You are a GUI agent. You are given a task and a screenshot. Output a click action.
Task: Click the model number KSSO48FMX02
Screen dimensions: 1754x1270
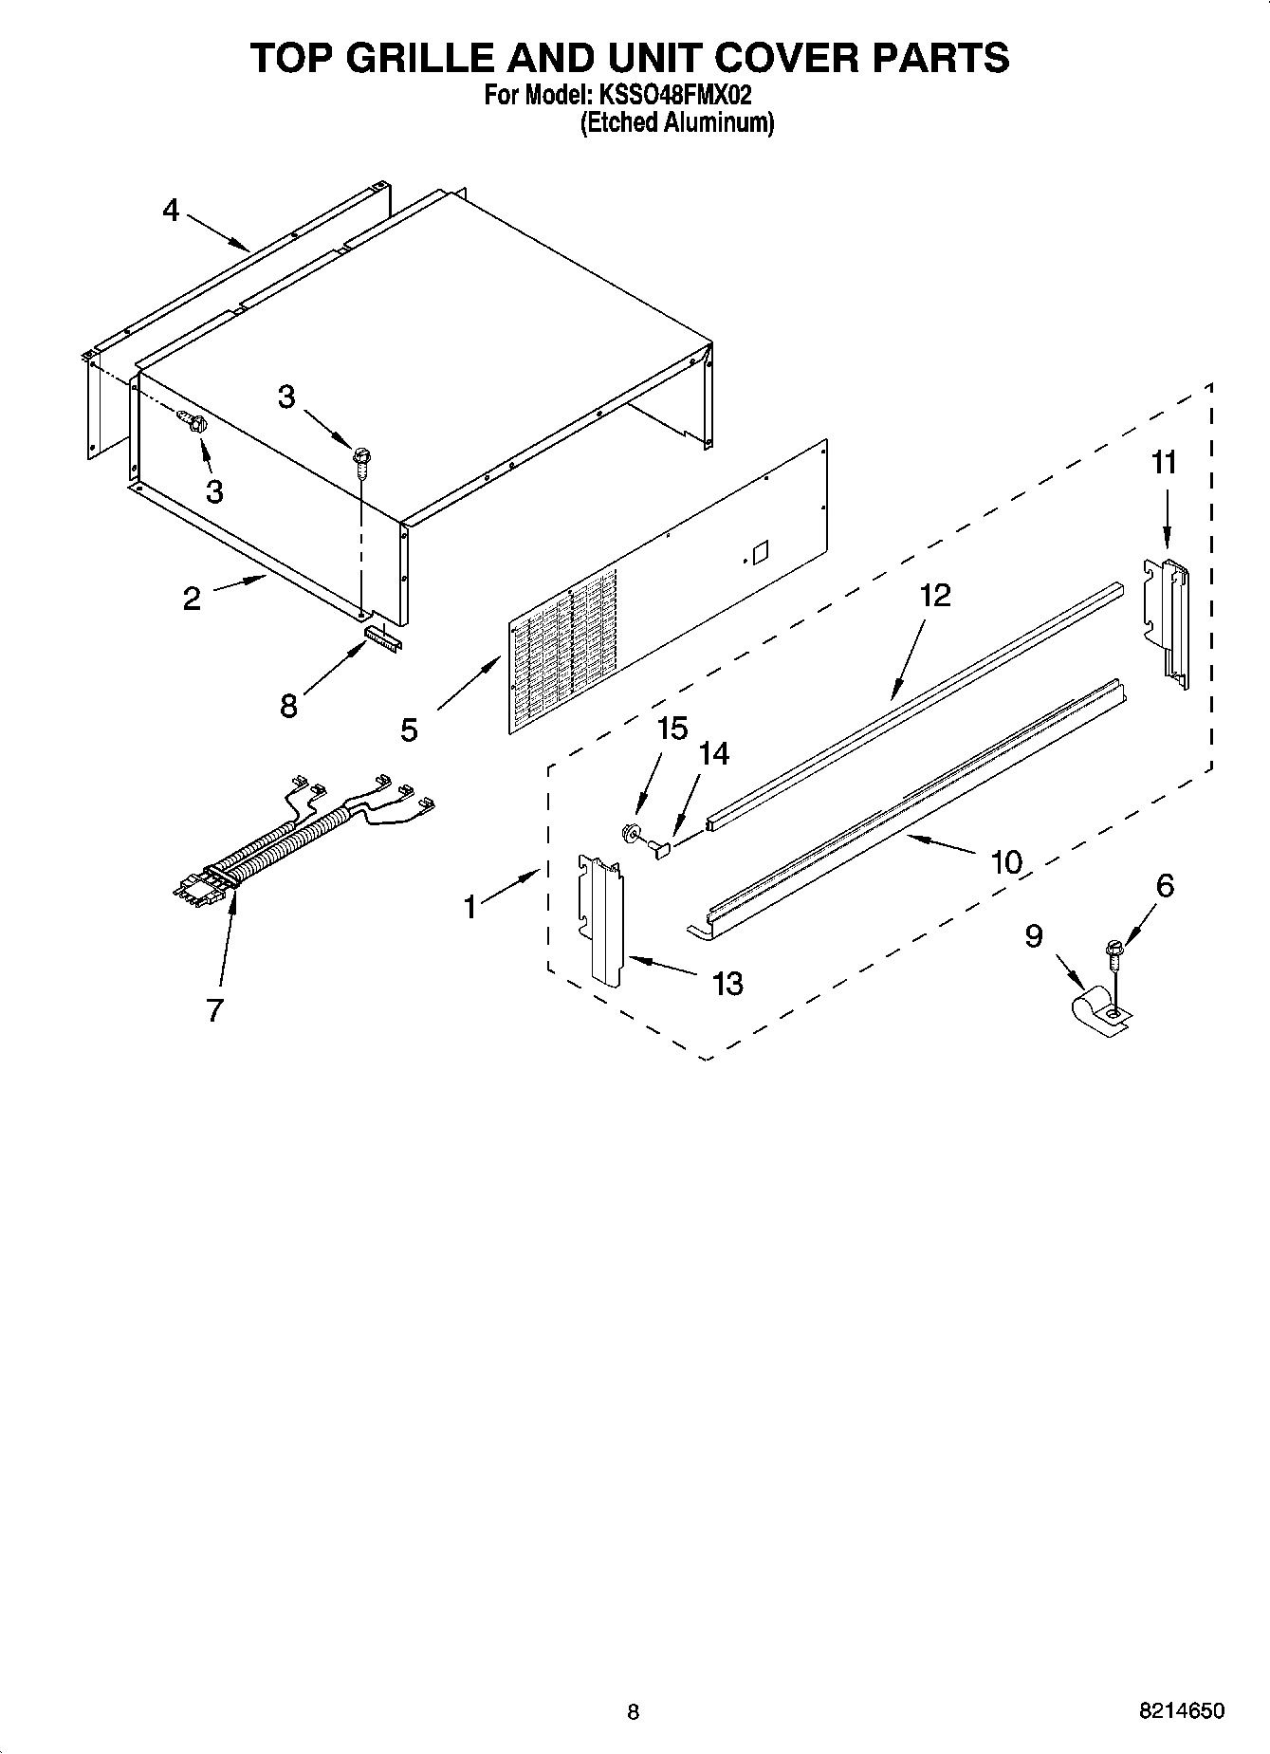674,96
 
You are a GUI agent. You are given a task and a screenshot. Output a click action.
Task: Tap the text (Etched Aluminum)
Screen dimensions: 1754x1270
676,122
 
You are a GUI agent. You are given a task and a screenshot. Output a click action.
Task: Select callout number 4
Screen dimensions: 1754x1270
171,211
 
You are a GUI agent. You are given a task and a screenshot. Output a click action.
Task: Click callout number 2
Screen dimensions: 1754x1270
192,599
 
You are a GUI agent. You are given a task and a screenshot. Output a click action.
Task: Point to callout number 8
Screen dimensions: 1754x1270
288,706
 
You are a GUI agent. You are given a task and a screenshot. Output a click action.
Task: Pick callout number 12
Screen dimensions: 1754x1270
934,596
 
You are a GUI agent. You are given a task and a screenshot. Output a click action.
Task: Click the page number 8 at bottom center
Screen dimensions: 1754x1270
634,1712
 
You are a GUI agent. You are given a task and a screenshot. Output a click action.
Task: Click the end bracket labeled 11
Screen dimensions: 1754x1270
1168,620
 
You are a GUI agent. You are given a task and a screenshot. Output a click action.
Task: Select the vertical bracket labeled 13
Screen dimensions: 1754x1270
602,917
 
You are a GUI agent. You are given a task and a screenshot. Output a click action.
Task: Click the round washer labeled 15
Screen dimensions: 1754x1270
629,834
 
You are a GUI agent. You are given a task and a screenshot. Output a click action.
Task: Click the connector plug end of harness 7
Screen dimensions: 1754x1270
201,884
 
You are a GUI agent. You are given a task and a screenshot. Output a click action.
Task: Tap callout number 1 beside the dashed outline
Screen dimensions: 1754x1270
470,907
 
